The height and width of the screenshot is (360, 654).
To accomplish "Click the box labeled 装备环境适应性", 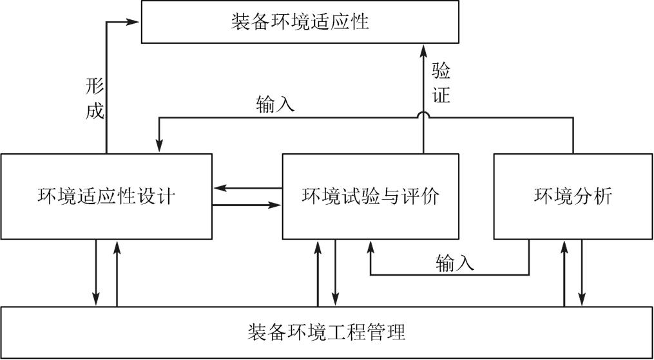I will point(300,22).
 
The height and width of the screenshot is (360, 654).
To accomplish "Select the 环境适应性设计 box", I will point(106,196).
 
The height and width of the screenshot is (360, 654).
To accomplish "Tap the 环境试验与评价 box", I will point(370,196).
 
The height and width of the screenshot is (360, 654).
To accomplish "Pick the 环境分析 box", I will point(573,196).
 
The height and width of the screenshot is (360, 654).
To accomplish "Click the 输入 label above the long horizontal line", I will point(275,104).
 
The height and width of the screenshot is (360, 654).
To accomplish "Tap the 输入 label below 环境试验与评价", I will point(455,263).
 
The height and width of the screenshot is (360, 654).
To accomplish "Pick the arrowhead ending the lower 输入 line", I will point(370,247).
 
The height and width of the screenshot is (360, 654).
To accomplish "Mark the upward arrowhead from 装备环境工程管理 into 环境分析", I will point(564,247).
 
